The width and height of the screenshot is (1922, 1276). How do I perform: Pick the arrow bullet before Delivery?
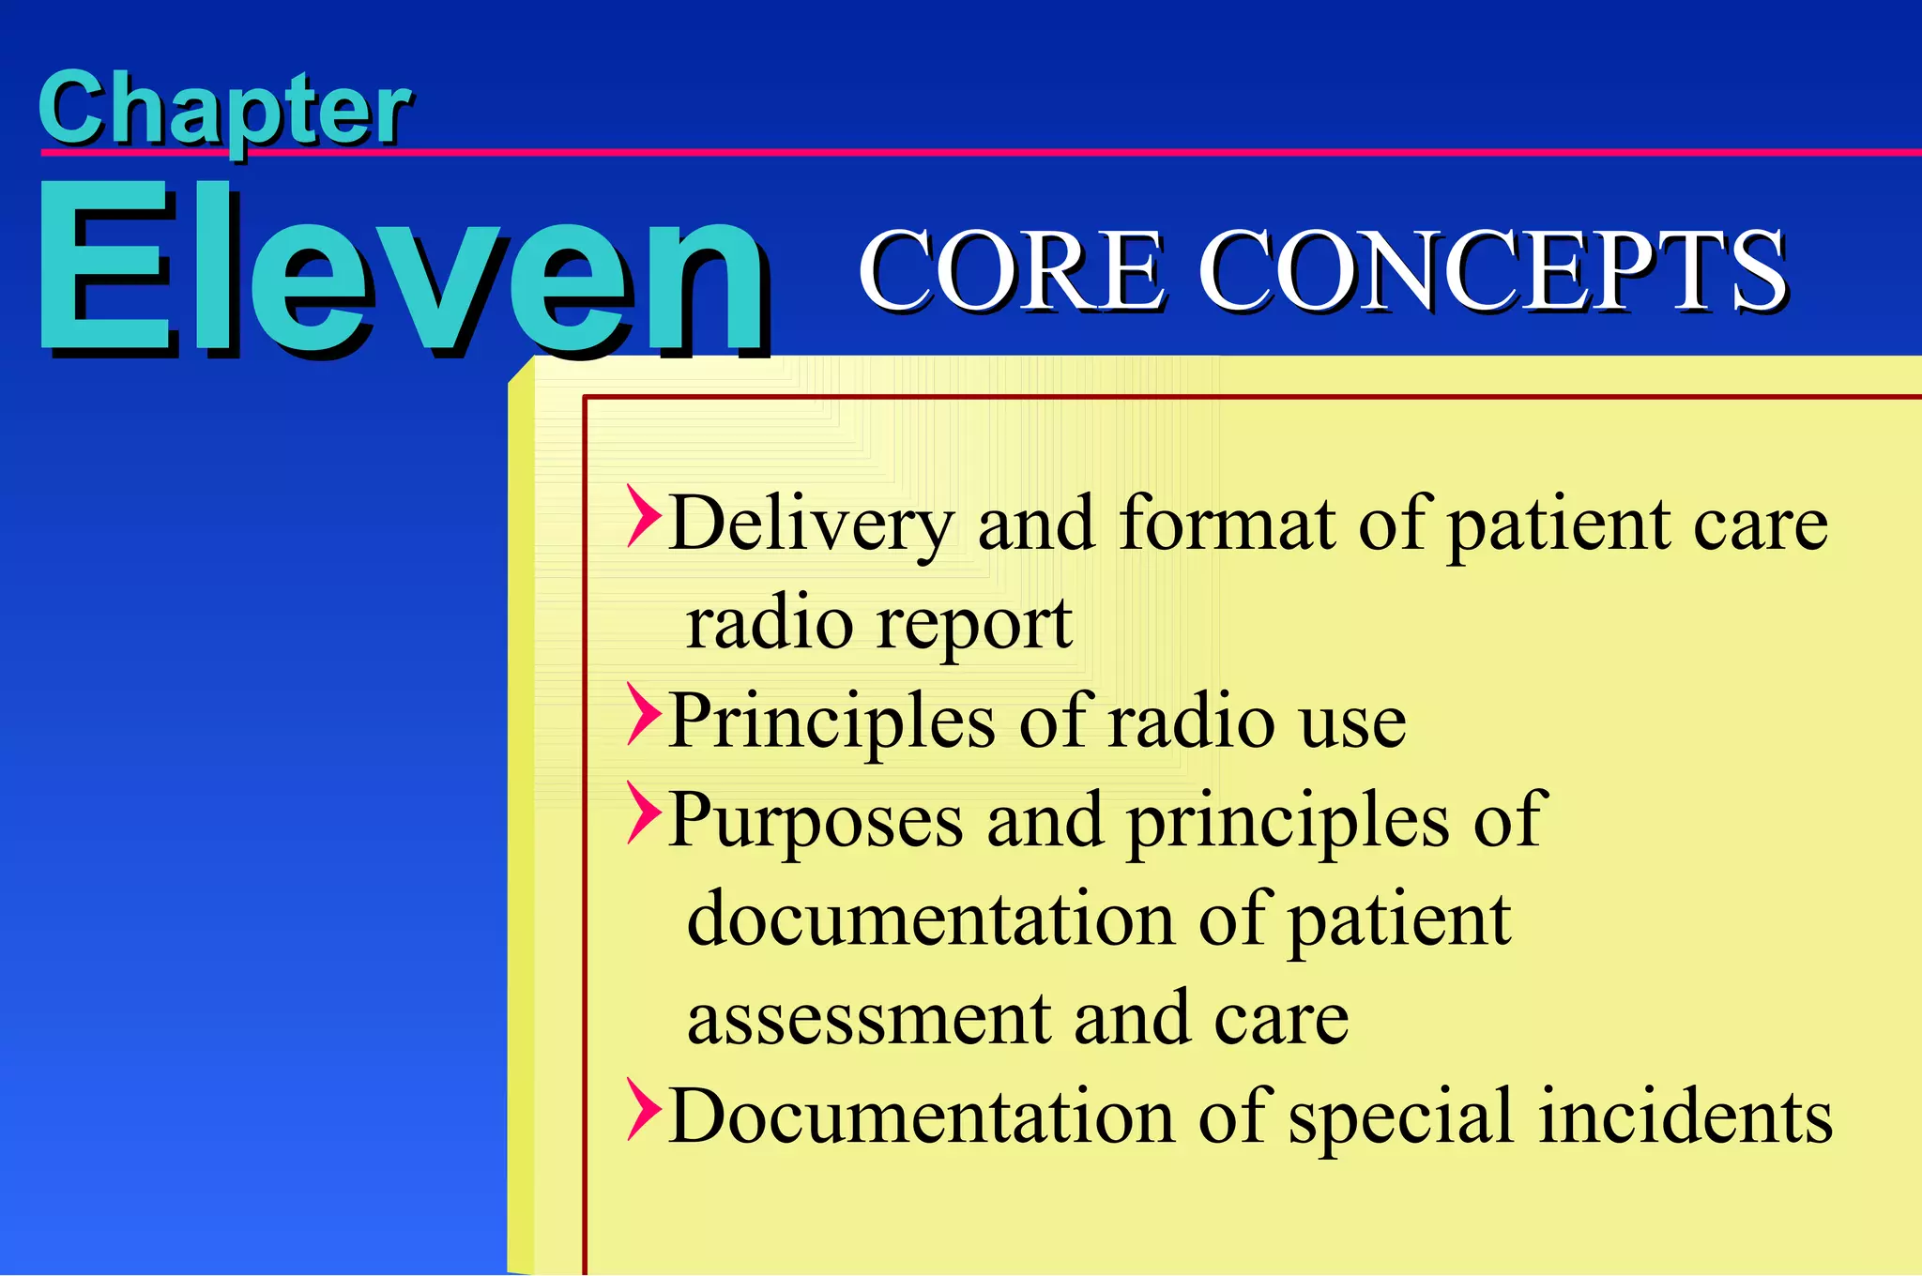pos(644,517)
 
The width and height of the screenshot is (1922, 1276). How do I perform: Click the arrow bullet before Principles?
pos(644,715)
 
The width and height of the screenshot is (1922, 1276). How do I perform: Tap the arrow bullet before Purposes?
pos(644,813)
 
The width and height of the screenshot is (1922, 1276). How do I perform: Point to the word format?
pos(1227,524)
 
